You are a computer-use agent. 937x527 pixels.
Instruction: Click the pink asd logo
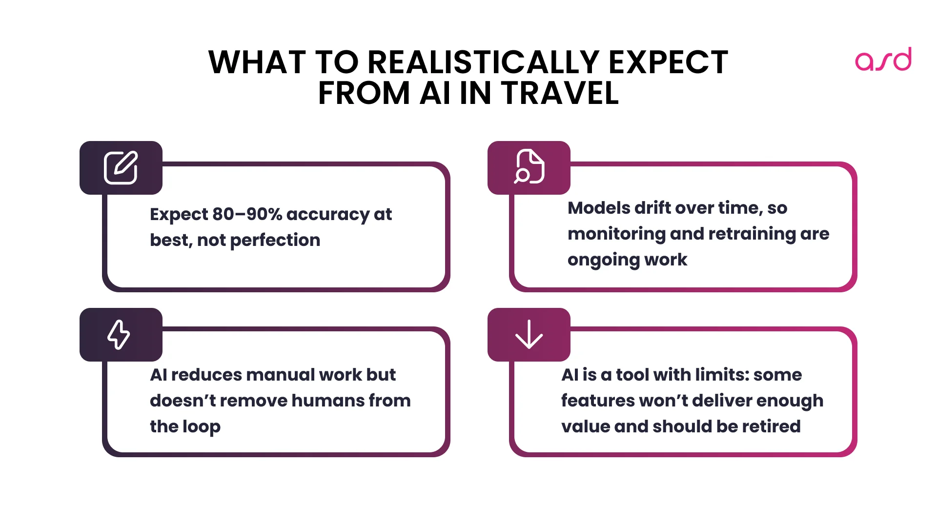tap(883, 60)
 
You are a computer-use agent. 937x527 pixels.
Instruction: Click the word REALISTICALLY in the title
tap(483, 62)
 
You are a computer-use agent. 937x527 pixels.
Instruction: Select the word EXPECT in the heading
tap(668, 62)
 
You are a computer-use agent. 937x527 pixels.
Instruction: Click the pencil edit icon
tap(121, 168)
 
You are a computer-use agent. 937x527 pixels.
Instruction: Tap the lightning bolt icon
tap(119, 335)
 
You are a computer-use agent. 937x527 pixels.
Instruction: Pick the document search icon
tap(529, 167)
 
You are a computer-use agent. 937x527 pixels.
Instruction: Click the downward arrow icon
tap(529, 335)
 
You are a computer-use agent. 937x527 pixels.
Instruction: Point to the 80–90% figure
tap(247, 214)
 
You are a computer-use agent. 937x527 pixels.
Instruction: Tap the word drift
tap(654, 208)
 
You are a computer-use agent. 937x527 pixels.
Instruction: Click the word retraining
tap(752, 234)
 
